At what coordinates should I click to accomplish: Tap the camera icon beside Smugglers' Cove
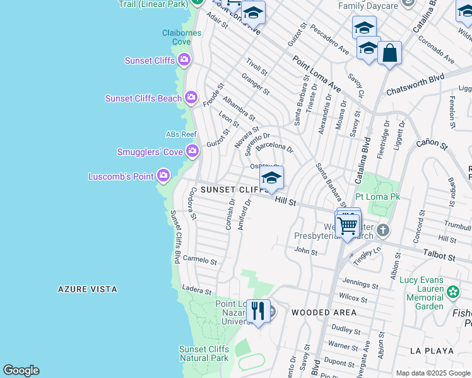click(192, 151)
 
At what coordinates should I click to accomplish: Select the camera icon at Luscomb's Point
click(163, 176)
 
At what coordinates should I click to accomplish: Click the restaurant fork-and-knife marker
click(258, 311)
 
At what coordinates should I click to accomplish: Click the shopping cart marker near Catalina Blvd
click(348, 226)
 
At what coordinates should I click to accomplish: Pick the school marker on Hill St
click(271, 178)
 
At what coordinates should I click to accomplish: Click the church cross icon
click(383, 231)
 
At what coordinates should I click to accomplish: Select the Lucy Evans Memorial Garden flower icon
click(452, 292)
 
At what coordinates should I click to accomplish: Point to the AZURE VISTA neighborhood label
click(88, 289)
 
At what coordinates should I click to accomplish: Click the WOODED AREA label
click(324, 312)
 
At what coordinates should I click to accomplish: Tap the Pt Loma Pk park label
click(379, 197)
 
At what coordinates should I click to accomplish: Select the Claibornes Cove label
click(168, 37)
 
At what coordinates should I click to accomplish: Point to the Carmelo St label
click(200, 260)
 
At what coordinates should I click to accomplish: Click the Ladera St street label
click(196, 290)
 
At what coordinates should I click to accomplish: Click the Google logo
click(21, 370)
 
